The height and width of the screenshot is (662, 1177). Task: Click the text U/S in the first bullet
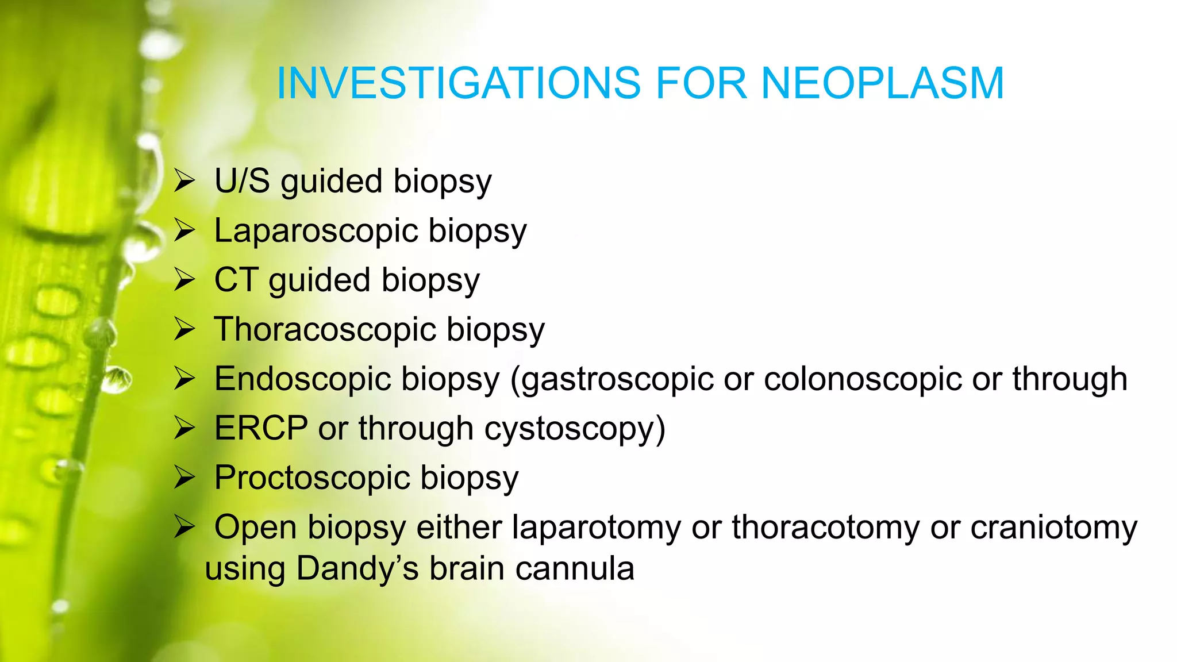(x=242, y=181)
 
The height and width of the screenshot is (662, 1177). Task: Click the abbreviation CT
(x=236, y=280)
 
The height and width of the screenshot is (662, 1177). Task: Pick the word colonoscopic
(x=863, y=379)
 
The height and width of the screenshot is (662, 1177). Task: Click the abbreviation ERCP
(x=261, y=429)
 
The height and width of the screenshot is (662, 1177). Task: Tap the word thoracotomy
(x=825, y=528)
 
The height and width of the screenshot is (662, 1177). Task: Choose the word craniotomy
(x=1053, y=528)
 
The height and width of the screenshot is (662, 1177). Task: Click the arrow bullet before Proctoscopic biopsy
(x=185, y=478)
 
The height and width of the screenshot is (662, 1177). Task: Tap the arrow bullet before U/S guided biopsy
(x=185, y=182)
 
